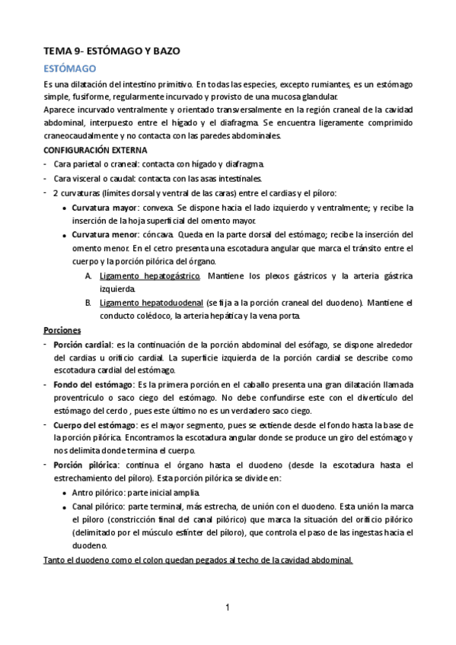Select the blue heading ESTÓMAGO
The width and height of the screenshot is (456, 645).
(x=69, y=68)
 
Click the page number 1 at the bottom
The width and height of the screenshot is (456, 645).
(x=228, y=607)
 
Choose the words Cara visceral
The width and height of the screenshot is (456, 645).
(x=78, y=178)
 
